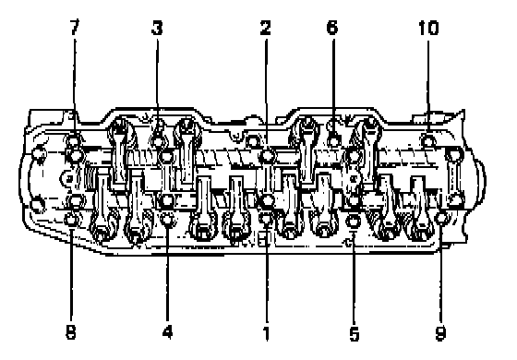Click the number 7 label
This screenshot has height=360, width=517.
tap(75, 27)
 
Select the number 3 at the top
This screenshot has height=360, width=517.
tap(157, 28)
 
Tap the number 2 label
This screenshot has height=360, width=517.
tap(266, 28)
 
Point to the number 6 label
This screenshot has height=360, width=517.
tap(332, 27)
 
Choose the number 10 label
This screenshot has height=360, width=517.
tap(428, 28)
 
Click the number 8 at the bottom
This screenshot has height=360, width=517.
tap(71, 331)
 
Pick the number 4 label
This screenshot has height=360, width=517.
tap(167, 331)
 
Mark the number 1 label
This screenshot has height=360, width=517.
tap(267, 333)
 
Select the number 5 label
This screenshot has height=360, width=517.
tap(354, 333)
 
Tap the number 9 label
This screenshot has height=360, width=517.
tap(441, 333)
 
